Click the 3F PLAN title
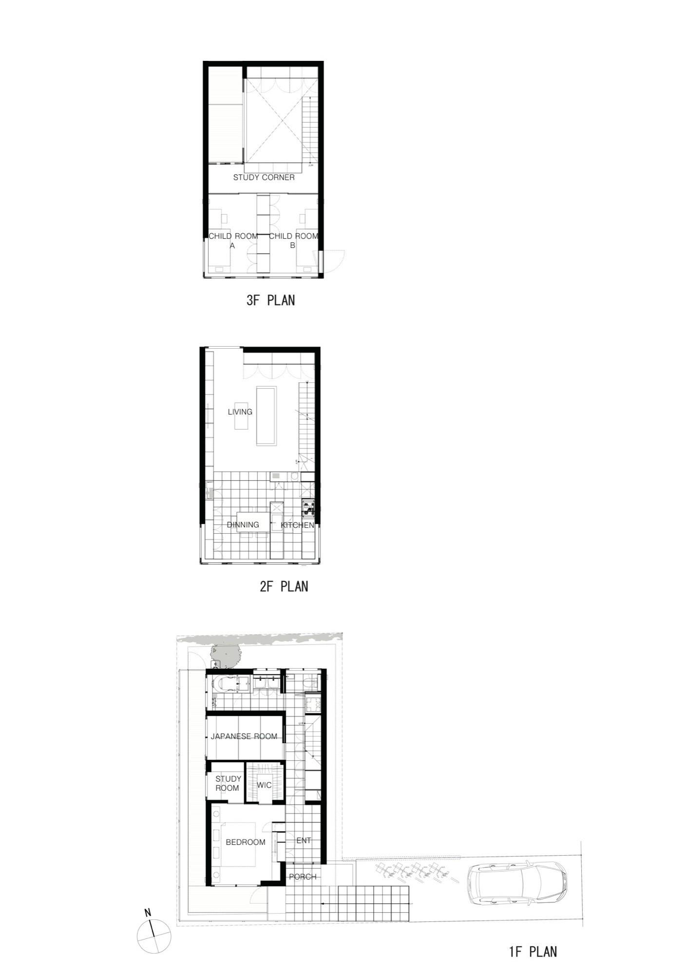pos(270,300)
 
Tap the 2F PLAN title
pos(284,586)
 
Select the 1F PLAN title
pos(533,951)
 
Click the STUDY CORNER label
pos(264,177)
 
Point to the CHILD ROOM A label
pos(233,241)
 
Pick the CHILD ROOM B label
pos(293,241)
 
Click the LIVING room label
pos(240,412)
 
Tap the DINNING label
pos(243,524)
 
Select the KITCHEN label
pos(297,525)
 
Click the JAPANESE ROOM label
pos(244,736)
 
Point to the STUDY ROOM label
pos(228,784)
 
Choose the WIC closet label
pos(264,785)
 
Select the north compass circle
pos(154,936)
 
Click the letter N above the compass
pos(148,913)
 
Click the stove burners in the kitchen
pos(308,507)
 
